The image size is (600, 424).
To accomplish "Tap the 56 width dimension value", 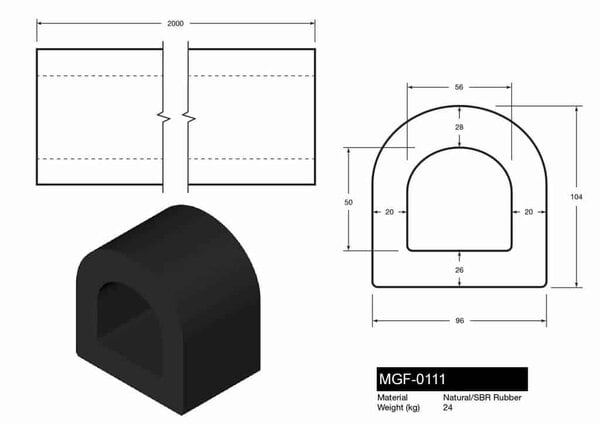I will [459, 88].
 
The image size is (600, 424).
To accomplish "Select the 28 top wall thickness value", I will [459, 129].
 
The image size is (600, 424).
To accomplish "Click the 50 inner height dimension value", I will [348, 201].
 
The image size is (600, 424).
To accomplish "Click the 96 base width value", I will [459, 322].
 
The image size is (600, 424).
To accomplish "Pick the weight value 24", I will [447, 407].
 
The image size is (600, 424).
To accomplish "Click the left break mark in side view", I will [166, 117].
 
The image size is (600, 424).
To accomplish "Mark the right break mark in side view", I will [187, 117].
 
